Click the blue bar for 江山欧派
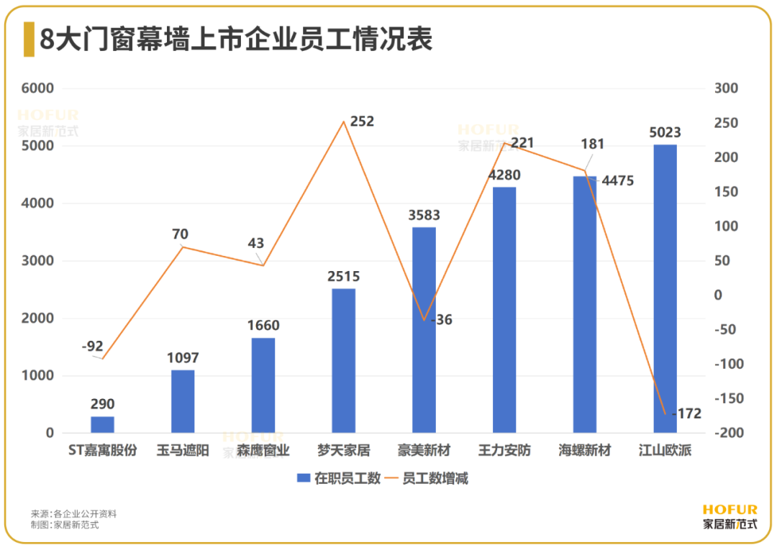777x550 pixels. tap(665, 288)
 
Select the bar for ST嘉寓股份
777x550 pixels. tap(102, 424)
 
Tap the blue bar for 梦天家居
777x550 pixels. tap(343, 360)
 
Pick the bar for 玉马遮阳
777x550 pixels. tap(183, 401)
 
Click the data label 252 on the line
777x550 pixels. tap(362, 122)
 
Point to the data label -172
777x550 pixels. tap(686, 413)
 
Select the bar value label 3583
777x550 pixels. tap(423, 215)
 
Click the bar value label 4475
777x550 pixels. tap(617, 180)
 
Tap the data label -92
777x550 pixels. tap(93, 347)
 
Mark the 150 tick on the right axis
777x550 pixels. tap(725, 192)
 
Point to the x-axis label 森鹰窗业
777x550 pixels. tap(263, 452)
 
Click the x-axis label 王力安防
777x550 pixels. tap(504, 452)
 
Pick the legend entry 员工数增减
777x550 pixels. tap(429, 478)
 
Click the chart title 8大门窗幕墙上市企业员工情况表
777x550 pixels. tap(236, 40)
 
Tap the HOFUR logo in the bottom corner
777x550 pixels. tap(730, 517)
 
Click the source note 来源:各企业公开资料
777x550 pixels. tap(73, 514)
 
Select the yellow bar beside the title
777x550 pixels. tap(28, 40)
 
